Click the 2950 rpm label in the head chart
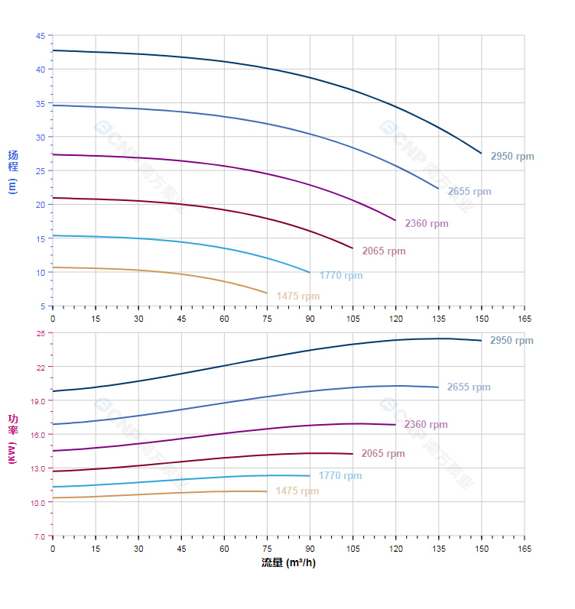click(512, 157)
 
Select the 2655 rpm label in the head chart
click(469, 192)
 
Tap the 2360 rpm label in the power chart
click(426, 425)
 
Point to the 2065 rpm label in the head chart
click(384, 251)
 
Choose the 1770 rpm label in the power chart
click(340, 476)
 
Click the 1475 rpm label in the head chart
click(298, 296)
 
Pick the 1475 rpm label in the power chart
click(297, 491)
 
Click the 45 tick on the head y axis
click(40, 35)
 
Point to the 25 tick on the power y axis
click(41, 333)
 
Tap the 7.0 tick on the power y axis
click(39, 536)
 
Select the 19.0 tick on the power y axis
click(38, 400)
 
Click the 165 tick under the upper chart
click(525, 318)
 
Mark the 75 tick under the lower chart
click(267, 549)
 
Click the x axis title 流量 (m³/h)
click(288, 563)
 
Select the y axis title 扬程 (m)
click(12, 171)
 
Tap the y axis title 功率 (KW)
click(12, 438)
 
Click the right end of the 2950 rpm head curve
click(482, 154)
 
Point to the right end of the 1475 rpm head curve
click(267, 293)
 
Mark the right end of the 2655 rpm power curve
click(438, 387)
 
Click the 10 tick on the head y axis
click(40, 272)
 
